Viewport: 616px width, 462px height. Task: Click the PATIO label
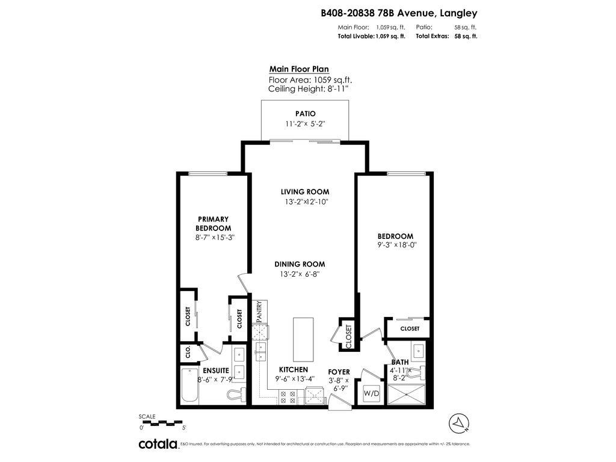coord(305,114)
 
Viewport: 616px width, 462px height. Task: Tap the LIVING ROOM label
coord(305,192)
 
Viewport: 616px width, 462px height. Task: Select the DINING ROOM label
coord(300,264)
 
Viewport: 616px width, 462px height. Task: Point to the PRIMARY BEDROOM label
coord(213,224)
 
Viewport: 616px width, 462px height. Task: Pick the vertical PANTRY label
coord(259,312)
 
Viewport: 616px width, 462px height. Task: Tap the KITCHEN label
coord(293,369)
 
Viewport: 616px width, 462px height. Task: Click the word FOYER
coord(339,372)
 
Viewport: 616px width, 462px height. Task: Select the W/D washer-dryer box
coord(371,394)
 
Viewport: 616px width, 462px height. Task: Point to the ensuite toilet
coord(236,395)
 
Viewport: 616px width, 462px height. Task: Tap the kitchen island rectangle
coord(303,339)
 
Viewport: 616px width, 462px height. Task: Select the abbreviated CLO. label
coord(188,353)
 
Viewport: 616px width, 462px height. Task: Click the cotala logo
coord(158,445)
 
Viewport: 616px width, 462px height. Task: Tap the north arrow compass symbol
coord(458,423)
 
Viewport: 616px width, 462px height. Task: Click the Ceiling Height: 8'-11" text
coord(308,88)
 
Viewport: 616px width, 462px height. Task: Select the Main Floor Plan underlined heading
coord(299,69)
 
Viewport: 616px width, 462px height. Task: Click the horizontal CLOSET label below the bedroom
coord(410,328)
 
